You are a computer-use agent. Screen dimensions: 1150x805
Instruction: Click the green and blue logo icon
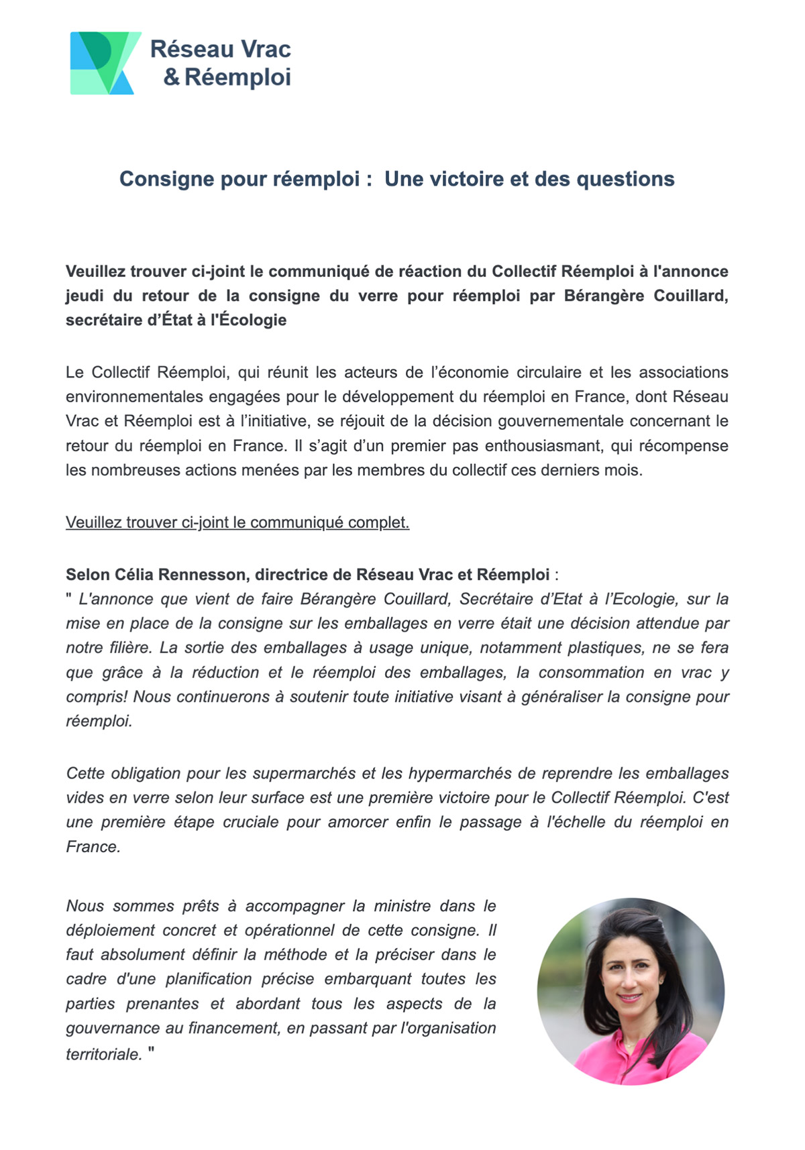105,63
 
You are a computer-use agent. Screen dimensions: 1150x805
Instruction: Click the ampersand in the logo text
172,78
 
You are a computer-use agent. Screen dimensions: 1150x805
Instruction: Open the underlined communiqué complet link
237,522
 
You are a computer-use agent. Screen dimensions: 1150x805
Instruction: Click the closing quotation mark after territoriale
151,1053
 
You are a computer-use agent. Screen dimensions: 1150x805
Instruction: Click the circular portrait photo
631,991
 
